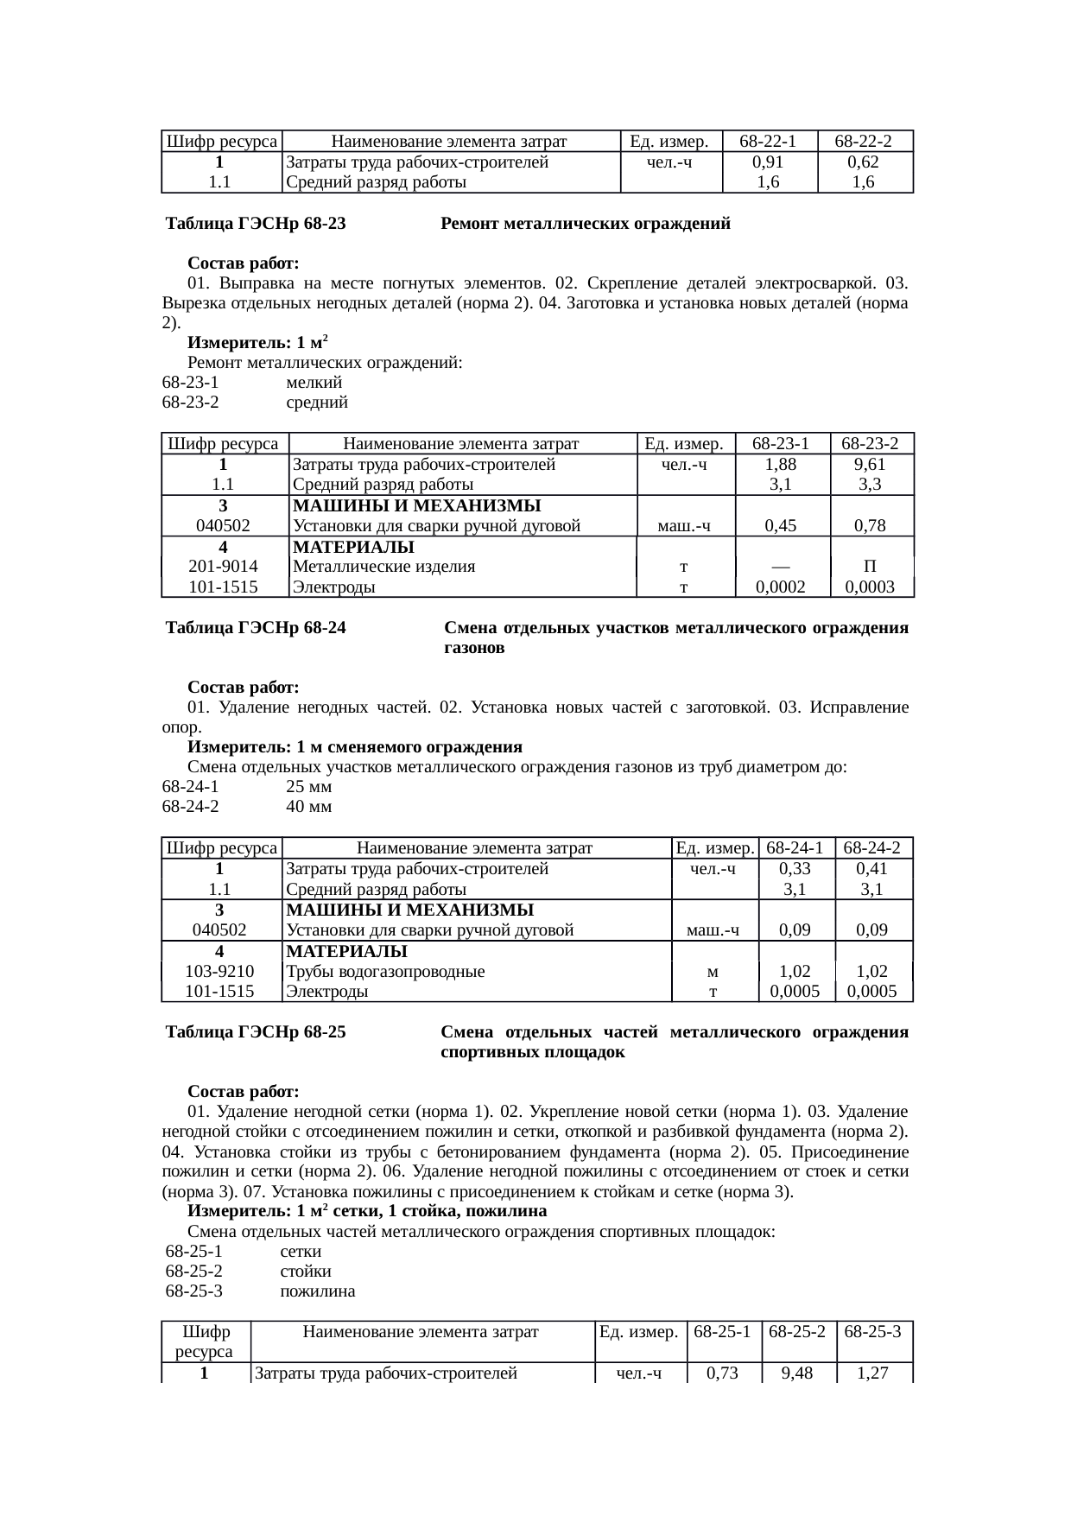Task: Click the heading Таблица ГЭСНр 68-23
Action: coord(256,225)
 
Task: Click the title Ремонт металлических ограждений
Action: coord(585,225)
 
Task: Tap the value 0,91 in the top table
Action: coord(769,162)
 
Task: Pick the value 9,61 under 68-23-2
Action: coord(871,465)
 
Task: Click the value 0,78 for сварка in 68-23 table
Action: coord(871,526)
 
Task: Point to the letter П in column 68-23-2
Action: coord(871,568)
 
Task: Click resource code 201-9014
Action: coord(223,568)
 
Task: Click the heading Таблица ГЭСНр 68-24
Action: coord(256,629)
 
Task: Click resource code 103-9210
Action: coord(220,972)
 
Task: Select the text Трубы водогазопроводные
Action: coord(384,972)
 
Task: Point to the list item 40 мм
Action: coord(308,807)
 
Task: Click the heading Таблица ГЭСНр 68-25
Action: coord(256,1033)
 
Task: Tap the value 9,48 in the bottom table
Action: coord(798,1373)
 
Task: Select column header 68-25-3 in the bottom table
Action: coord(873,1332)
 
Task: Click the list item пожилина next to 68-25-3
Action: coord(317,1292)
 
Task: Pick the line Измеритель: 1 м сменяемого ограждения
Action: coord(355,747)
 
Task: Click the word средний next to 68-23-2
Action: coord(317,403)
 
